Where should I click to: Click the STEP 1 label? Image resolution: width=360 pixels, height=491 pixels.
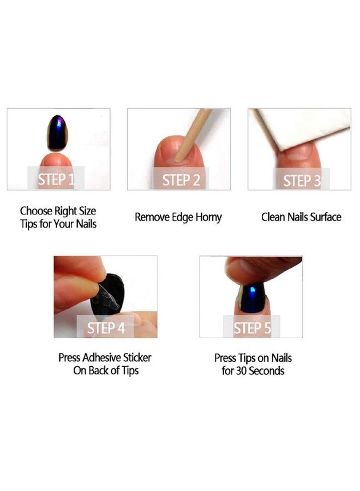point(56,179)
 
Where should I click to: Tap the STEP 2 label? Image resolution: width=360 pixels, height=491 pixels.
point(181,179)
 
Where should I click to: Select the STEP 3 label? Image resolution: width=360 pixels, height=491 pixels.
point(302,180)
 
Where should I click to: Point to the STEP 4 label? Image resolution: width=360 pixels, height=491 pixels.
point(106,328)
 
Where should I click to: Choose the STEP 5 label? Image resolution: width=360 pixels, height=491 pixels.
point(251,328)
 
